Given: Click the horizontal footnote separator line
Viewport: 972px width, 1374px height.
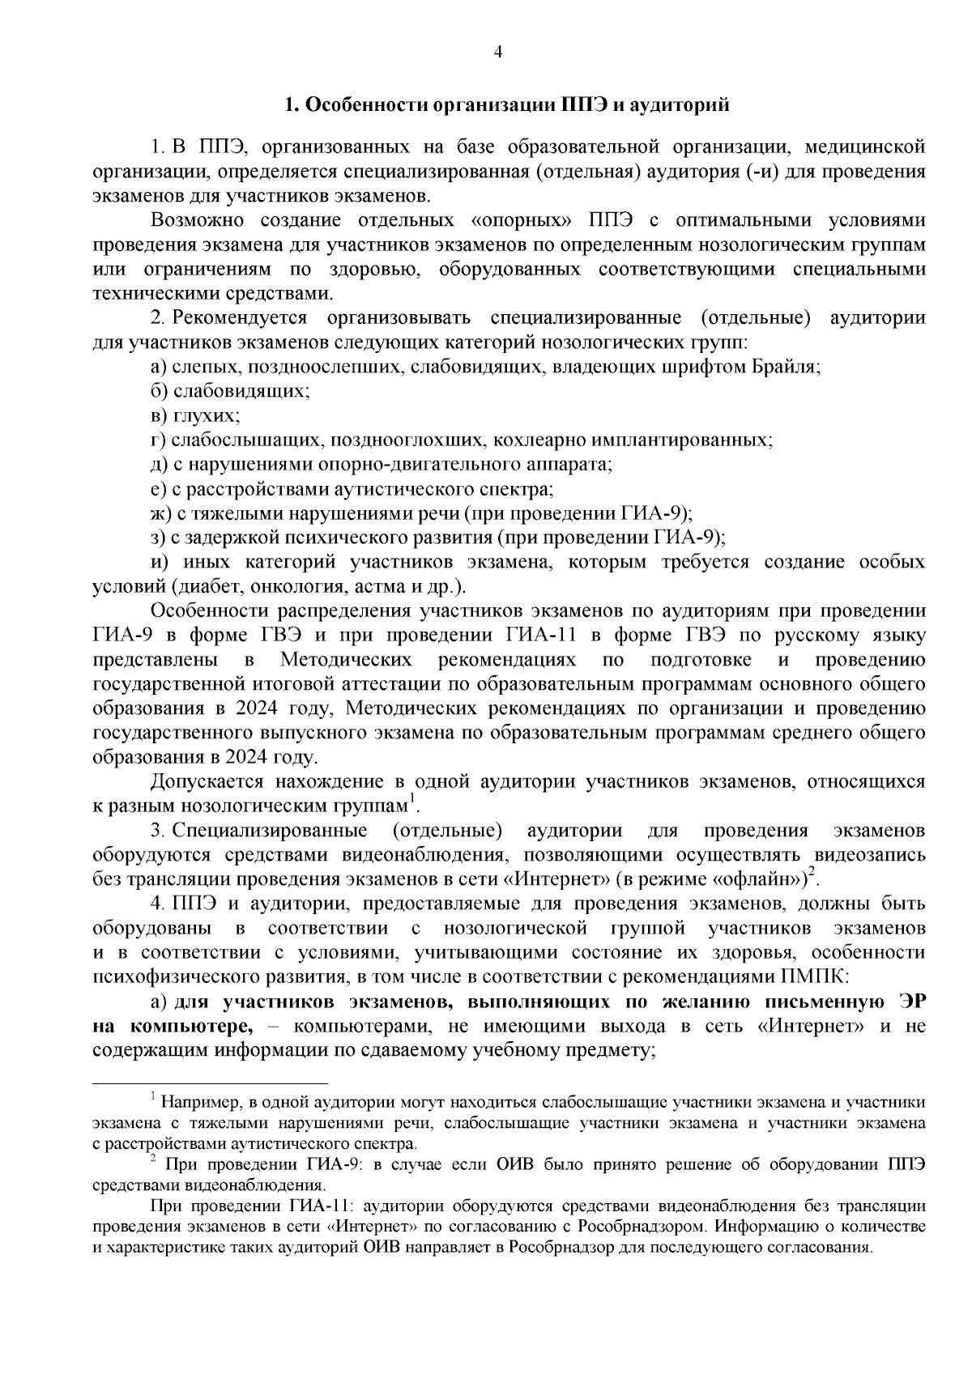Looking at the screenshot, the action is [210, 1081].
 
